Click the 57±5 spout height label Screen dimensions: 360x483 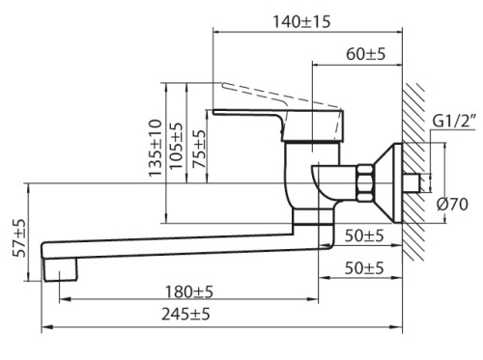pyautogui.click(x=19, y=235)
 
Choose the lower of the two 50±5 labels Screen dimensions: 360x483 pyautogui.click(x=364, y=267)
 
